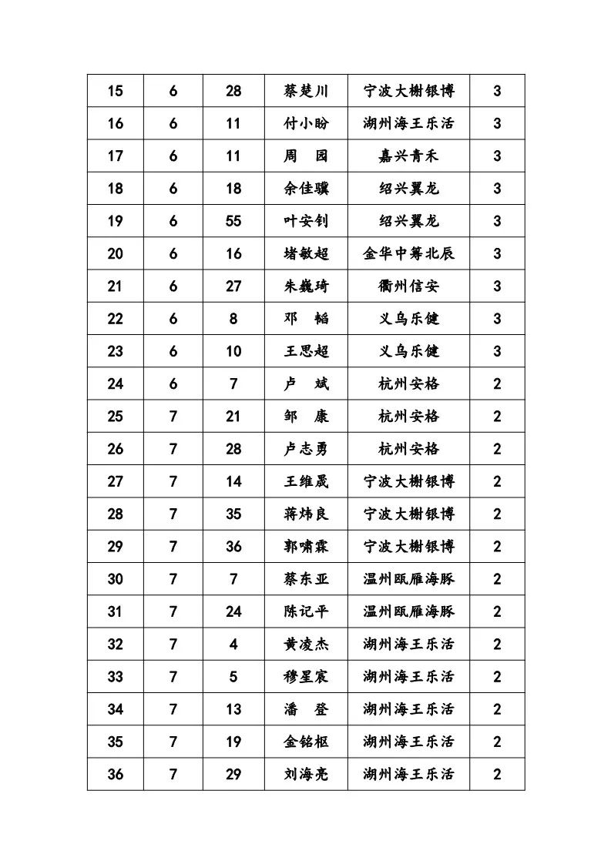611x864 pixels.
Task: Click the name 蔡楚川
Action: [x=306, y=91]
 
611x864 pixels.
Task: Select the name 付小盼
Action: [x=306, y=123]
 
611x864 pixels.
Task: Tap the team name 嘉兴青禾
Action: [x=408, y=156]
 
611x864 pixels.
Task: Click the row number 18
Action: [x=115, y=189]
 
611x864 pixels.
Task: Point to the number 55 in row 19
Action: [x=233, y=221]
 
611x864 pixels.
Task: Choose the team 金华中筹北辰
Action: [x=408, y=253]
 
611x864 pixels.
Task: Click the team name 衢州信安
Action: [x=408, y=286]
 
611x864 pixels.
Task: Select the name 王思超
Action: [x=306, y=351]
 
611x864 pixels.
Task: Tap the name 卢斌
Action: [x=306, y=383]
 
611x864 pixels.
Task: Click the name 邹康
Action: [x=306, y=417]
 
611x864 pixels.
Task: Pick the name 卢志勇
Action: [x=306, y=449]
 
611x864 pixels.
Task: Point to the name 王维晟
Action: [x=306, y=481]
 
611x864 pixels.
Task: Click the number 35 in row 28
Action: [x=233, y=514]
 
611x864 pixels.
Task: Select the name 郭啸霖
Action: [x=306, y=547]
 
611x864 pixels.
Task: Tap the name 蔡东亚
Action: [x=306, y=579]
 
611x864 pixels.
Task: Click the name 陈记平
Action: [x=306, y=611]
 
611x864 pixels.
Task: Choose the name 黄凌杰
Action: [x=306, y=644]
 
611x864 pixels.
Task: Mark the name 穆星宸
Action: [x=306, y=677]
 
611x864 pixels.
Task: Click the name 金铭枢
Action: [x=306, y=742]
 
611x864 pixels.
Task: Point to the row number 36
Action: [x=115, y=774]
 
